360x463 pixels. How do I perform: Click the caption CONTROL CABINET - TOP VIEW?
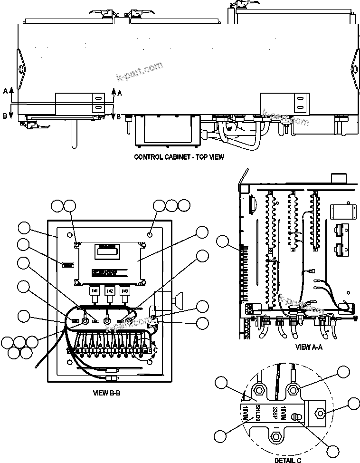(x=179, y=156)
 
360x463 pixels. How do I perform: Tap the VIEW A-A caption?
(x=309, y=347)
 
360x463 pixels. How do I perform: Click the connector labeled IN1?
(x=95, y=290)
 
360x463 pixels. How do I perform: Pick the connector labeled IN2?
(x=110, y=290)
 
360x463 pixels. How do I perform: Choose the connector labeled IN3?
(x=124, y=290)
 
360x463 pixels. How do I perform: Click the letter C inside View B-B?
(x=155, y=351)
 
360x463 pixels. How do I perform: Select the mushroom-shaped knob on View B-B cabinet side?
(x=179, y=300)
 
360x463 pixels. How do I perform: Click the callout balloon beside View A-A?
(x=223, y=242)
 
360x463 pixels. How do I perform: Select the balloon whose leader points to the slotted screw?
(x=333, y=450)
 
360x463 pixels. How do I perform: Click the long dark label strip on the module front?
(x=110, y=273)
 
